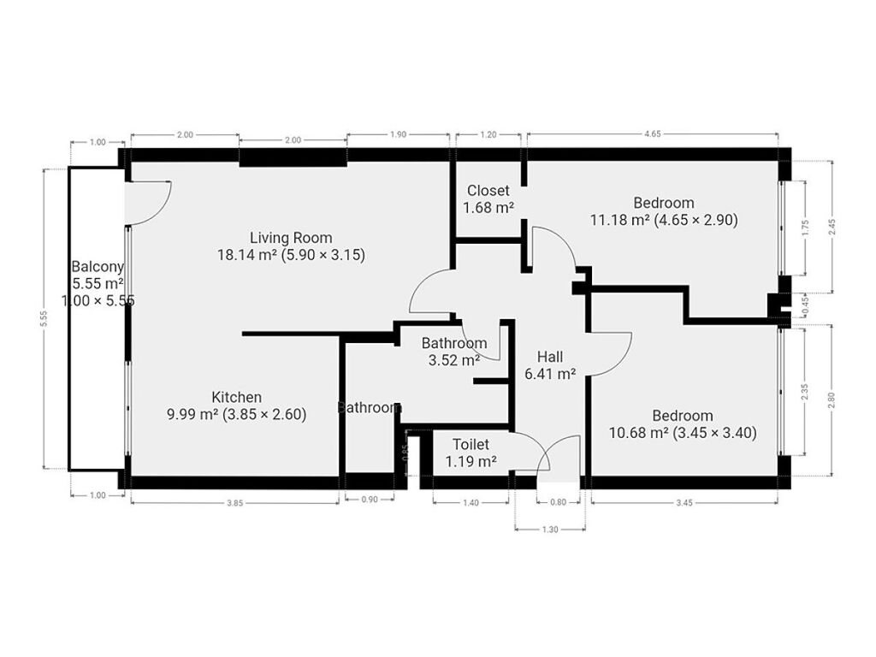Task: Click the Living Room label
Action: coord(291,238)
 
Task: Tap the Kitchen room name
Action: coord(236,397)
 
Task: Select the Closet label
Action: coord(488,191)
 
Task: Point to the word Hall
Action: coord(550,357)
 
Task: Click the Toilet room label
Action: coord(471,444)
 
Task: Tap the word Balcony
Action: coord(98,267)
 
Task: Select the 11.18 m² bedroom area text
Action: coord(619,220)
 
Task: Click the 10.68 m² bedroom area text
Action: coord(638,433)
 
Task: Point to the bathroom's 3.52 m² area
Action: coord(453,360)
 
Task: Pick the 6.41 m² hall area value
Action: coord(550,374)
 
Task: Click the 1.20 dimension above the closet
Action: coord(488,134)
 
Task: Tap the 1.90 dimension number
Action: coord(398,134)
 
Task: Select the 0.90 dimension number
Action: coord(370,500)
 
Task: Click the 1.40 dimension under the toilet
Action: coord(471,503)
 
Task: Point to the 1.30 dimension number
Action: coord(550,530)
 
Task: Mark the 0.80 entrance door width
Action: coord(558,502)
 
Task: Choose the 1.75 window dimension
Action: coord(804,228)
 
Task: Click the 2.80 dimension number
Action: coord(831,400)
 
